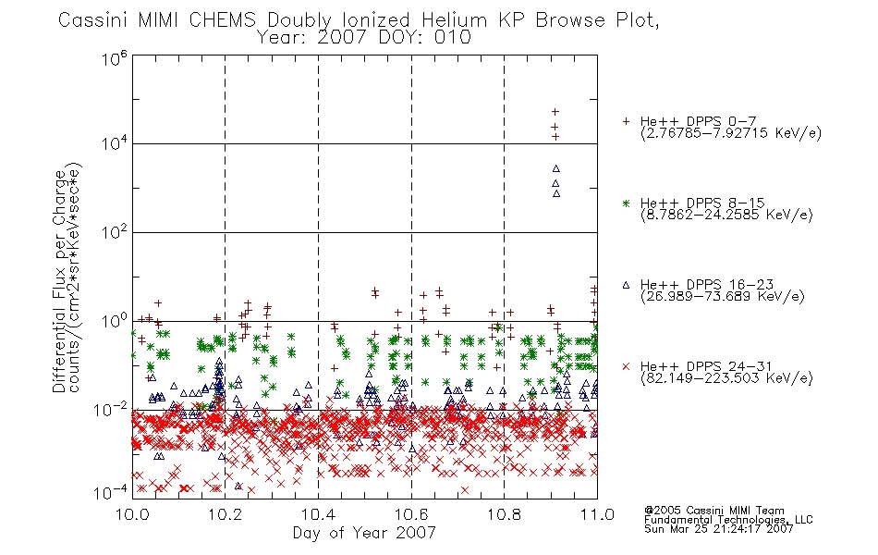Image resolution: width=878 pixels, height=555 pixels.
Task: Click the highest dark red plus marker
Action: pyautogui.click(x=555, y=112)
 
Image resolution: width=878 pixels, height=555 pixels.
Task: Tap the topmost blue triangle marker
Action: pyautogui.click(x=556, y=168)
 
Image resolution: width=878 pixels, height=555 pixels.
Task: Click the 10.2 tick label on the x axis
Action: pyautogui.click(x=226, y=514)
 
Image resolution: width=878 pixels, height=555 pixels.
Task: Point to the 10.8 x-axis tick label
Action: pyautogui.click(x=504, y=514)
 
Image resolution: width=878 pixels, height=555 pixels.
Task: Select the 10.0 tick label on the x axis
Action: pyautogui.click(x=132, y=514)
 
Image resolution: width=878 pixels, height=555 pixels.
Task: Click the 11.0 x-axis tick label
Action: pyautogui.click(x=597, y=514)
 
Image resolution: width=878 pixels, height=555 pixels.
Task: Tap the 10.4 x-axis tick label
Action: pyautogui.click(x=318, y=514)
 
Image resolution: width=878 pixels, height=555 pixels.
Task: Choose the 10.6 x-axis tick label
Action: pyautogui.click(x=411, y=514)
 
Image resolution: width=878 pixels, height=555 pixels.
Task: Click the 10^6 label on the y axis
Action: pyautogui.click(x=115, y=59)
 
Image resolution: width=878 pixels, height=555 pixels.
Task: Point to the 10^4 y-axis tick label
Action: pyautogui.click(x=115, y=144)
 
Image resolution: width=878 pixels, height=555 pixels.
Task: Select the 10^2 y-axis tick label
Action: pyautogui.click(x=115, y=231)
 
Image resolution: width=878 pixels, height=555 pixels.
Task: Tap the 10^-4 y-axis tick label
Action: pyautogui.click(x=110, y=492)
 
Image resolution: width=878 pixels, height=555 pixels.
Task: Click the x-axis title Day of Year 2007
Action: pyautogui.click(x=364, y=533)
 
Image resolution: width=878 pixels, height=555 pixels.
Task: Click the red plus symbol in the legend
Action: pyautogui.click(x=626, y=121)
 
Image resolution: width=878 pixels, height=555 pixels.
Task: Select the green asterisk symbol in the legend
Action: pyautogui.click(x=626, y=203)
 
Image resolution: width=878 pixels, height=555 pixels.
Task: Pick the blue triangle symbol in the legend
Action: pyautogui.click(x=626, y=285)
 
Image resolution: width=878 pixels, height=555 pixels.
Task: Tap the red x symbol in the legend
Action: pyautogui.click(x=626, y=366)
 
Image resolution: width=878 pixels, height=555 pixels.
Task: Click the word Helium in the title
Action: pyautogui.click(x=455, y=20)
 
